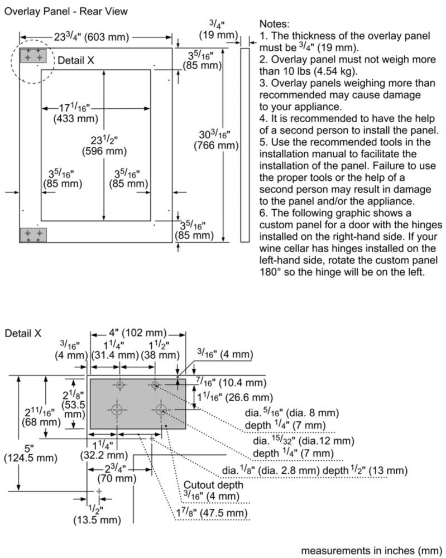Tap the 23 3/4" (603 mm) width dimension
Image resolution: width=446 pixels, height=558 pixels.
[x=92, y=37]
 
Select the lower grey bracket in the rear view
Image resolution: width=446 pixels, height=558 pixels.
[x=33, y=235]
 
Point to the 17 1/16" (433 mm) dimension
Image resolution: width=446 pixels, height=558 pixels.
[x=75, y=112]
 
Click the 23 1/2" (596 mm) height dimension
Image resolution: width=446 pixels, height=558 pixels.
[x=104, y=145]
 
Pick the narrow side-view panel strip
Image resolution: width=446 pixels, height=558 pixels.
[x=244, y=145]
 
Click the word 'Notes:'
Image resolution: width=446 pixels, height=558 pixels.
[x=275, y=25]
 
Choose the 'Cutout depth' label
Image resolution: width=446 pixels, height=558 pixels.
[x=213, y=485]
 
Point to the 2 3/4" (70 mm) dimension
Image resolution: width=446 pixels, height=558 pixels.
[x=116, y=473]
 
